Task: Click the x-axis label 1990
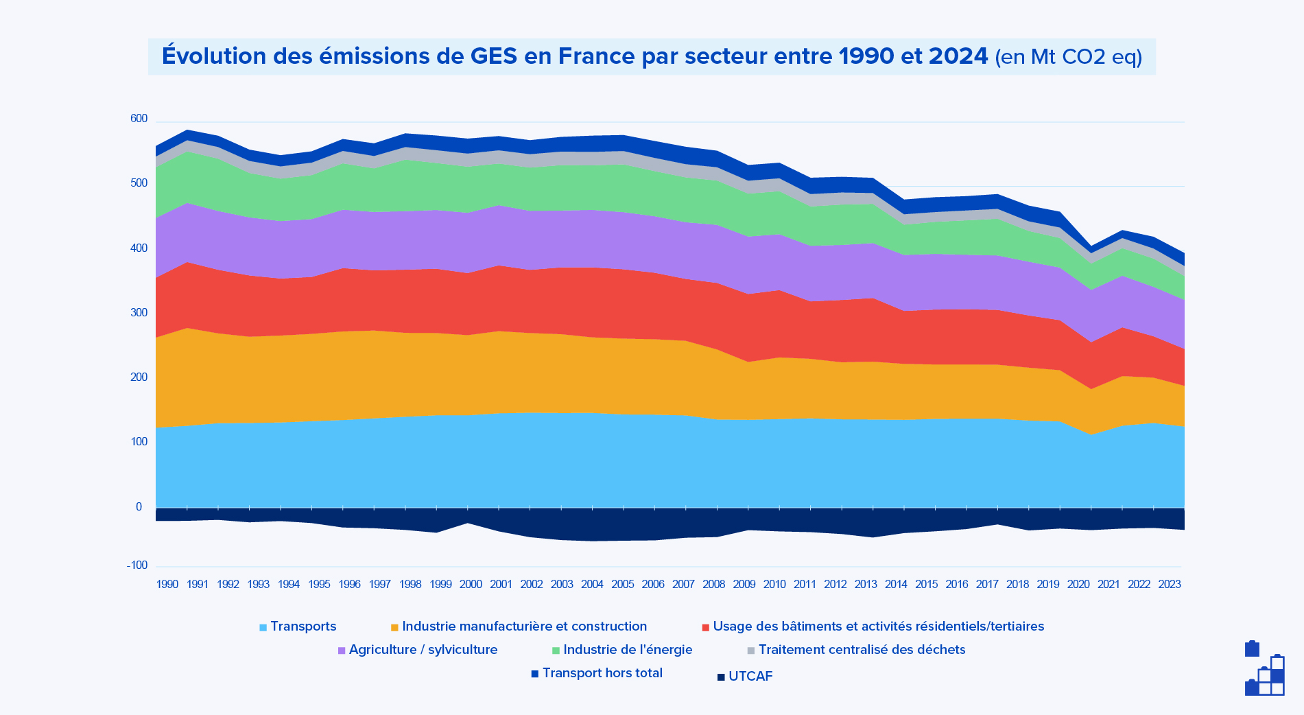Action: (x=167, y=585)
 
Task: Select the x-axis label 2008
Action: (x=713, y=585)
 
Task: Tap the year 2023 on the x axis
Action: (x=1169, y=585)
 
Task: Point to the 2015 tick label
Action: (x=926, y=585)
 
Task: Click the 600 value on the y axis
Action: (x=139, y=119)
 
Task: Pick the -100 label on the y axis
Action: (x=137, y=565)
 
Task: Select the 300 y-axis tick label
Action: (x=139, y=313)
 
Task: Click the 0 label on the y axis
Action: (x=139, y=507)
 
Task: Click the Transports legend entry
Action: (x=303, y=626)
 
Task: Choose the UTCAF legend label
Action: (x=750, y=677)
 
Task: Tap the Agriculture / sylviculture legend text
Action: (x=423, y=650)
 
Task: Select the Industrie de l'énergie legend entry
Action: (x=627, y=650)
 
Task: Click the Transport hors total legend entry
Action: (x=602, y=673)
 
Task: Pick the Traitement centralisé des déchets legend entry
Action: (x=861, y=650)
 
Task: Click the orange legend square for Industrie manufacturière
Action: (x=394, y=627)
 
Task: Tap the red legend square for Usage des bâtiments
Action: (x=705, y=627)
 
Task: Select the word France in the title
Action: (x=595, y=56)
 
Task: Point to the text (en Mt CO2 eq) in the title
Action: (x=1068, y=57)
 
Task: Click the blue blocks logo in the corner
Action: (x=1264, y=668)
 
